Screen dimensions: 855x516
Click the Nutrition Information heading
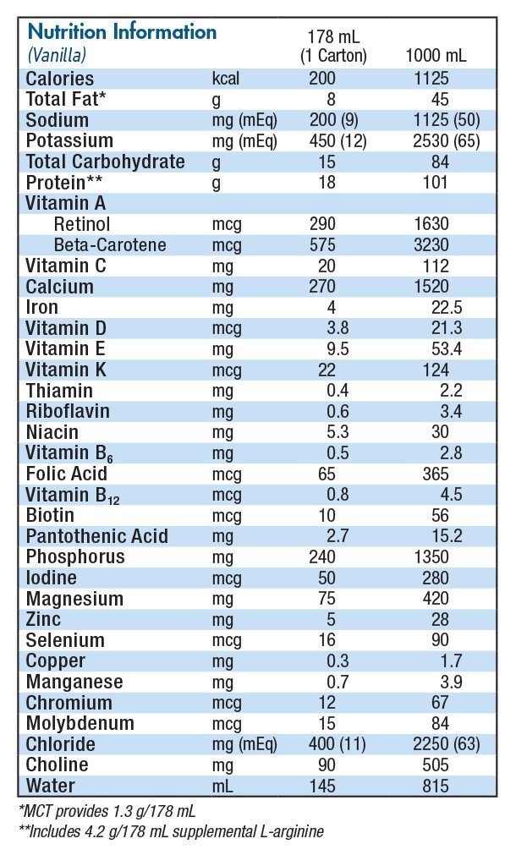tap(122, 32)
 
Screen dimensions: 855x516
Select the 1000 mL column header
tap(436, 56)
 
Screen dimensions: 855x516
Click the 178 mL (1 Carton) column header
tap(334, 47)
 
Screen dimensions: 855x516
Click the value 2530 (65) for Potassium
tap(441, 141)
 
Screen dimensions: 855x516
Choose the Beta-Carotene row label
tap(110, 245)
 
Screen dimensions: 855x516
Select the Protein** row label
tap(65, 183)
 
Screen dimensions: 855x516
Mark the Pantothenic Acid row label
tap(97, 536)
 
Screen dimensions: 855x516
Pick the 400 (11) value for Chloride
tap(333, 745)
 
